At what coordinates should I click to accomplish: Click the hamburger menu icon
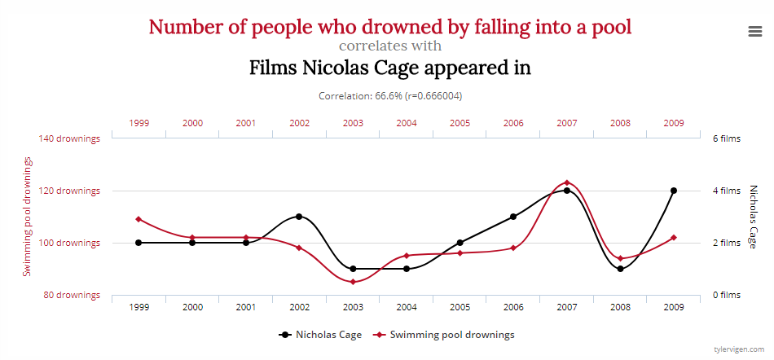[754, 31]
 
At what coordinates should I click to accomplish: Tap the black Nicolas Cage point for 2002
[299, 217]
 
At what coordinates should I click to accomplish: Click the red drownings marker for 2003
[353, 282]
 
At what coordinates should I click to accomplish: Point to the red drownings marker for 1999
[139, 219]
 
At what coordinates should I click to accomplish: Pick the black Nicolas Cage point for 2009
[673, 191]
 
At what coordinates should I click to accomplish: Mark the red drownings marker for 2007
[566, 182]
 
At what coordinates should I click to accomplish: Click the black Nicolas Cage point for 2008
[620, 269]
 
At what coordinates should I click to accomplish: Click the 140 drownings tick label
[69, 138]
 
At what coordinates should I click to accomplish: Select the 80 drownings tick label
[72, 295]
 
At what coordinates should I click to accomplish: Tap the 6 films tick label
[726, 138]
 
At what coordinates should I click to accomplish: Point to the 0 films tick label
[726, 295]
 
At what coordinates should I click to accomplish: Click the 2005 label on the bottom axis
[460, 307]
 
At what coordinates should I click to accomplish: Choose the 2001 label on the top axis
[245, 123]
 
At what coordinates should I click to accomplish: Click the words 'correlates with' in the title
[389, 46]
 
